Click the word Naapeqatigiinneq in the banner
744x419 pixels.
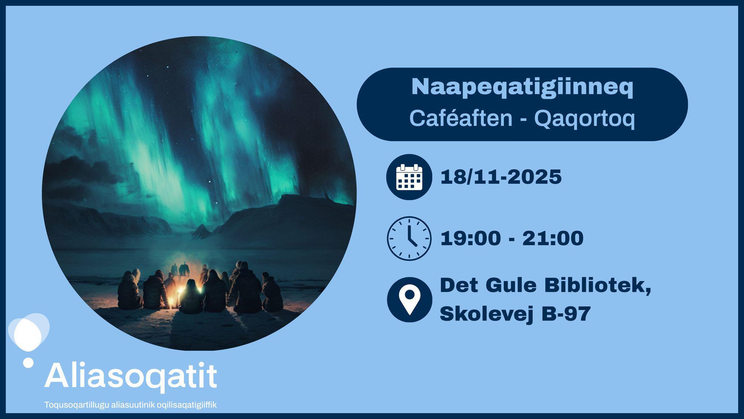coord(522,87)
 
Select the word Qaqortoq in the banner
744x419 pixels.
coord(585,119)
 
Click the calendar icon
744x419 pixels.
coord(409,177)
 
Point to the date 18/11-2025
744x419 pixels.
coord(501,177)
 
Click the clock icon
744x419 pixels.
coord(409,238)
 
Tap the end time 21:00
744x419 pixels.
coord(553,238)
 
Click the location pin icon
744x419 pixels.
coord(409,299)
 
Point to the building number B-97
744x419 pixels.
coord(566,314)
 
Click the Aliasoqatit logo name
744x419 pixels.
coord(131,375)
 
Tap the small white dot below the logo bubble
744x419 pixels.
coord(28,362)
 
